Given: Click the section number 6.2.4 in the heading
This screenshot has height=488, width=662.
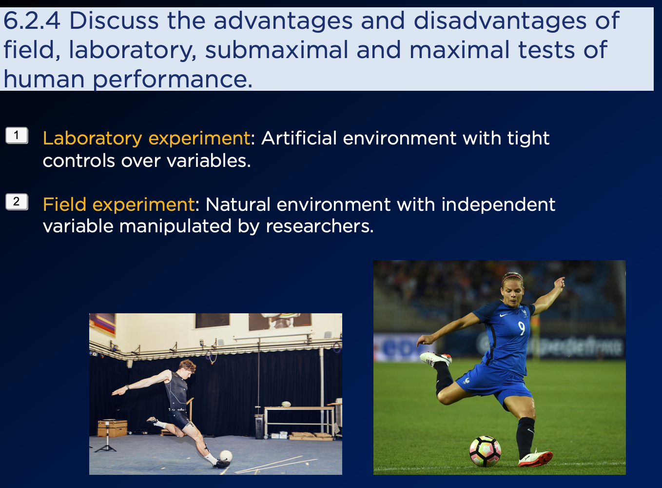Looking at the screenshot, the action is tap(32, 20).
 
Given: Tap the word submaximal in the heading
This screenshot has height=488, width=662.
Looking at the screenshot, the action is tap(276, 50).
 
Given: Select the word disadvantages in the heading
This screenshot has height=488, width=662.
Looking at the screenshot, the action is tap(500, 20).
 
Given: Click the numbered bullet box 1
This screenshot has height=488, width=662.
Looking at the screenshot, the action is tap(17, 136).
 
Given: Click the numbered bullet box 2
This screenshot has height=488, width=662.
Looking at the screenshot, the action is tap(17, 202).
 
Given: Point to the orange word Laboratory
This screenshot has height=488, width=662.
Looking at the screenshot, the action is tap(93, 139).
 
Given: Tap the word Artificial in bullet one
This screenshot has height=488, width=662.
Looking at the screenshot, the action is tap(299, 138).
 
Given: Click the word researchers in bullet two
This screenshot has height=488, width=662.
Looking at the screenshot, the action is tap(319, 226).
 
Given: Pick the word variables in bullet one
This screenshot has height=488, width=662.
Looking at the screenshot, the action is tap(209, 161).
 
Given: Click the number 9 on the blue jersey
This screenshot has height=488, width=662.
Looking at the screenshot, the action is tap(521, 328).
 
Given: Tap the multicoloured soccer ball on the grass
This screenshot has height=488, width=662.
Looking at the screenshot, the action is tap(485, 451).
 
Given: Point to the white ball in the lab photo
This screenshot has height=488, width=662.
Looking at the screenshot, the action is tap(226, 456).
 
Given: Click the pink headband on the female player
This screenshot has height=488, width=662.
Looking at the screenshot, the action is tap(512, 277).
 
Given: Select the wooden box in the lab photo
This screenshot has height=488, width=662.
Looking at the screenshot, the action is tap(112, 428).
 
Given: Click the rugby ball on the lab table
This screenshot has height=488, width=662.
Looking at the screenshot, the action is tap(286, 404).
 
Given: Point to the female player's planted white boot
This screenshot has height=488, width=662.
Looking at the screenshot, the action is tap(535, 459).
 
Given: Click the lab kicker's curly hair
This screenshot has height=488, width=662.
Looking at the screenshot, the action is tap(187, 366).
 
